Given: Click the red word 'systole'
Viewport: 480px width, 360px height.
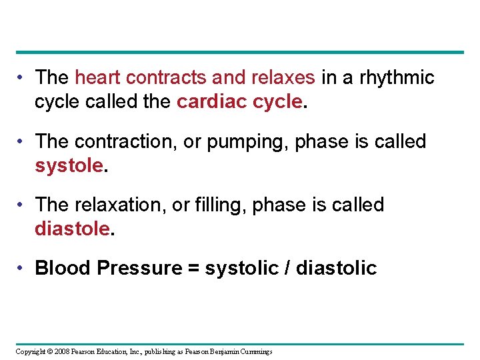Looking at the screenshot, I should (69, 166).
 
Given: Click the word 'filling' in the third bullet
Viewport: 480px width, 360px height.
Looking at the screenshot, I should (220, 205).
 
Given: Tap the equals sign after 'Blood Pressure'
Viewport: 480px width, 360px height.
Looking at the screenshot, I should (193, 269).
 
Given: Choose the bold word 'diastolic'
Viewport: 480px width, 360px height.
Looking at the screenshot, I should (336, 269).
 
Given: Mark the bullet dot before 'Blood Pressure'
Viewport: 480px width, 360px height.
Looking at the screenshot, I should (23, 268).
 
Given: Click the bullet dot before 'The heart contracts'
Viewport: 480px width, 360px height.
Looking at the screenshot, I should (23, 77).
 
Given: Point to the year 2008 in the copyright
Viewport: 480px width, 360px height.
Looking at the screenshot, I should (63, 352).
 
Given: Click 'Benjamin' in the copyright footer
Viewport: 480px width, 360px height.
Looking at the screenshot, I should (227, 352).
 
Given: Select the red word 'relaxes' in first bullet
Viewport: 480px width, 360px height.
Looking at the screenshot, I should (283, 78).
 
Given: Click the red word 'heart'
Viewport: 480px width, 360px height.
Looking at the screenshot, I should (98, 78).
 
